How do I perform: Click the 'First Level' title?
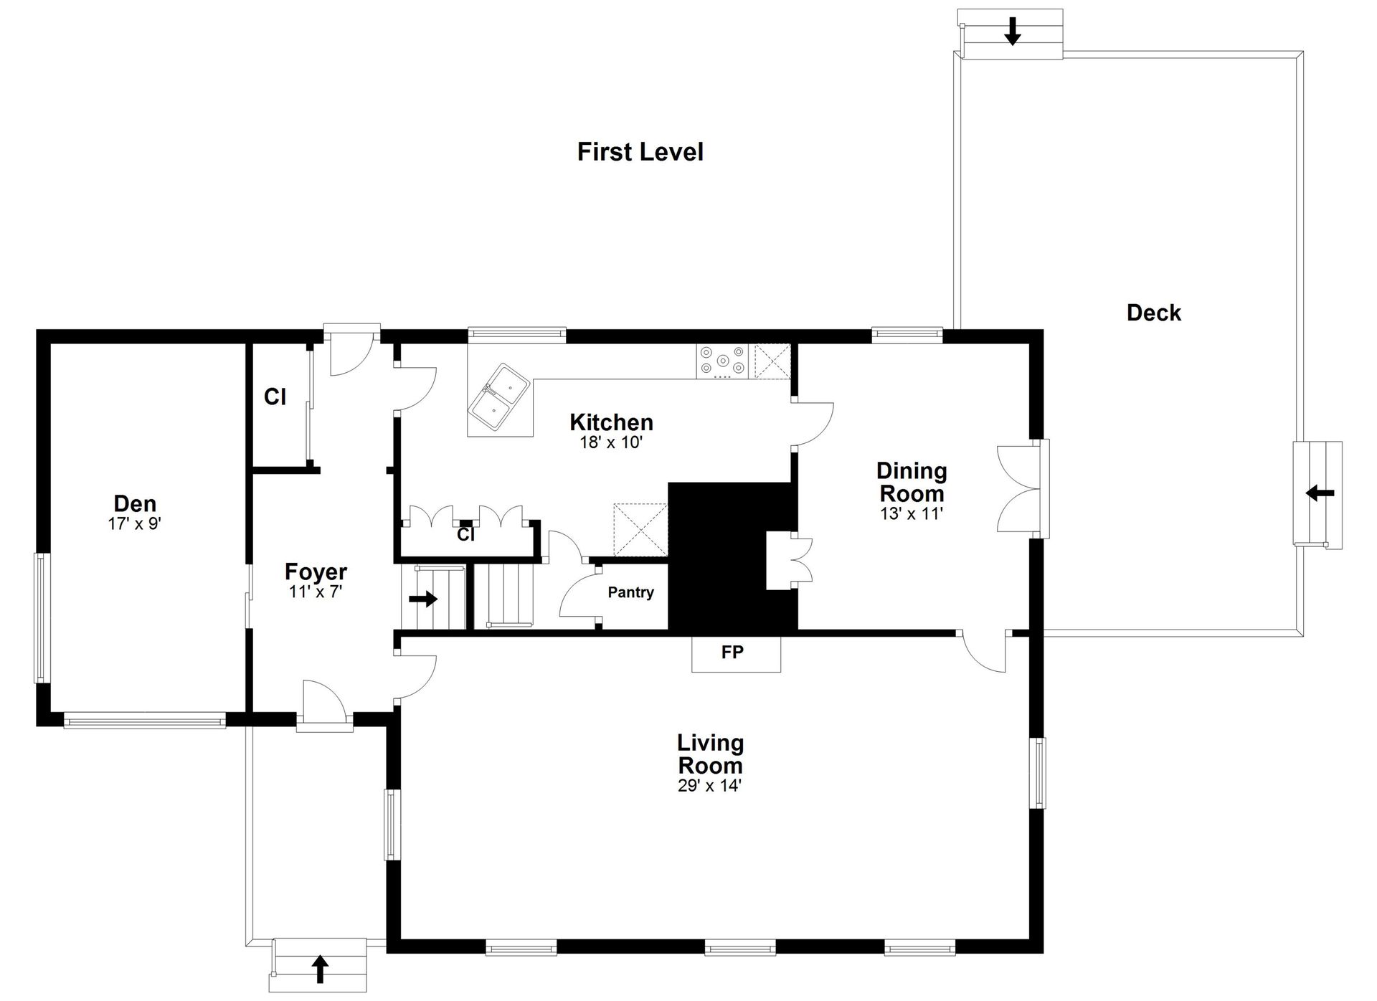[x=640, y=152]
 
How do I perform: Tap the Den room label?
[x=135, y=503]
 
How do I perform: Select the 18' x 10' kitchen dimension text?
[x=611, y=442]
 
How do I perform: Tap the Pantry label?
[x=631, y=592]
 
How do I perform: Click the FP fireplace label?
[x=732, y=652]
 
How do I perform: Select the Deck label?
[x=1153, y=313]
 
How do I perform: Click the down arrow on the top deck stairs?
[x=1012, y=31]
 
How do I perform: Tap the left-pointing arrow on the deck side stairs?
[x=1320, y=493]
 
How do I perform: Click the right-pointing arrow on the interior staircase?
[x=423, y=598]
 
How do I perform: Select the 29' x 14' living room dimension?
[x=709, y=786]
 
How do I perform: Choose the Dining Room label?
[x=912, y=482]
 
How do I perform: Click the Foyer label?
[x=316, y=571]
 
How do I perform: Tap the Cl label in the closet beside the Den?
[x=275, y=397]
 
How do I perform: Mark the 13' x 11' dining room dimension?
[x=912, y=513]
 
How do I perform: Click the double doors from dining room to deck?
[x=1018, y=489]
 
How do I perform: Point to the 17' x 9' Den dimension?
[x=135, y=523]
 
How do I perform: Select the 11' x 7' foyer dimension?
[x=316, y=592]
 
